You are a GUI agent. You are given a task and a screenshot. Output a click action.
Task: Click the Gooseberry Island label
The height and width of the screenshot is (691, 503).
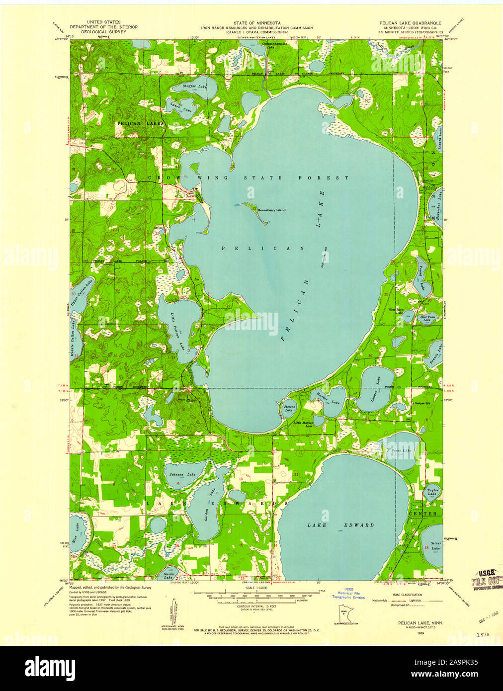pos(271,210)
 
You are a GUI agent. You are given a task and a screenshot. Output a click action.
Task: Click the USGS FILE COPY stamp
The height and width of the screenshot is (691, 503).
pos(486,578)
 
